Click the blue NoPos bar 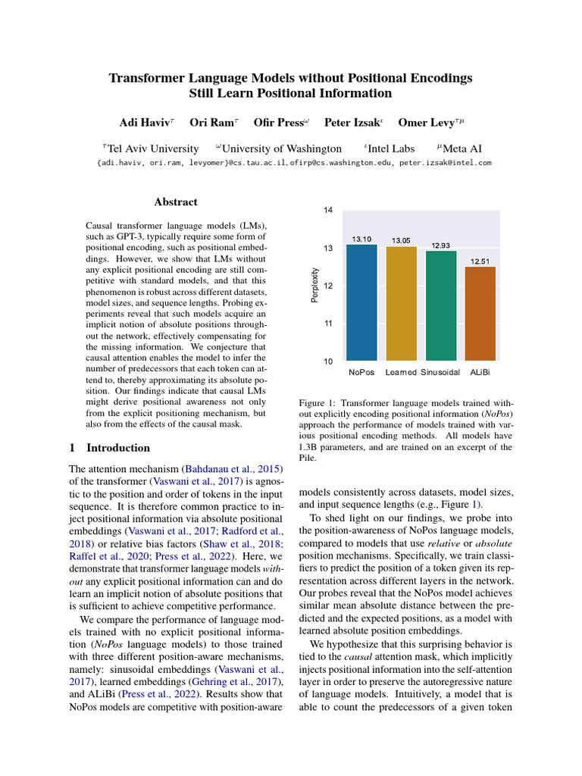(x=361, y=302)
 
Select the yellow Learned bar (x=401, y=304)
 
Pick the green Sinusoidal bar (x=440, y=306)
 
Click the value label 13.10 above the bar (x=361, y=239)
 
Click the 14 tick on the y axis (x=328, y=210)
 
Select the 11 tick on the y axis (x=328, y=324)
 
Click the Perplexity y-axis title (x=315, y=286)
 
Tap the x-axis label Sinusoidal (x=440, y=373)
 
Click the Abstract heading (x=176, y=202)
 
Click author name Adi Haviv (x=146, y=123)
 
